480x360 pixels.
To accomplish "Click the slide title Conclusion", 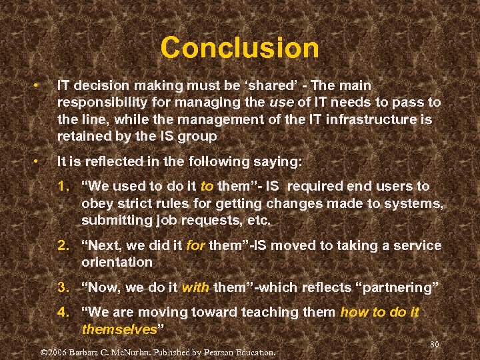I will pyautogui.click(x=239, y=48).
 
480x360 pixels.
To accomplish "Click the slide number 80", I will pyautogui.click(x=435, y=344).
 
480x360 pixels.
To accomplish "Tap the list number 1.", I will pyautogui.click(x=63, y=187).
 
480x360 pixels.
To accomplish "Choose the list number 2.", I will pyautogui.click(x=63, y=245).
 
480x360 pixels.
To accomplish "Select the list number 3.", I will pyautogui.click(x=63, y=288).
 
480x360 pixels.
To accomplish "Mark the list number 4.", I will pyautogui.click(x=63, y=313).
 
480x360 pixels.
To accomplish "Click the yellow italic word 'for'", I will pyautogui.click(x=195, y=245).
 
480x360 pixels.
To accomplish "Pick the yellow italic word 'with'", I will pyautogui.click(x=195, y=288).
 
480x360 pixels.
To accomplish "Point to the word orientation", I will pyautogui.click(x=117, y=263).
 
